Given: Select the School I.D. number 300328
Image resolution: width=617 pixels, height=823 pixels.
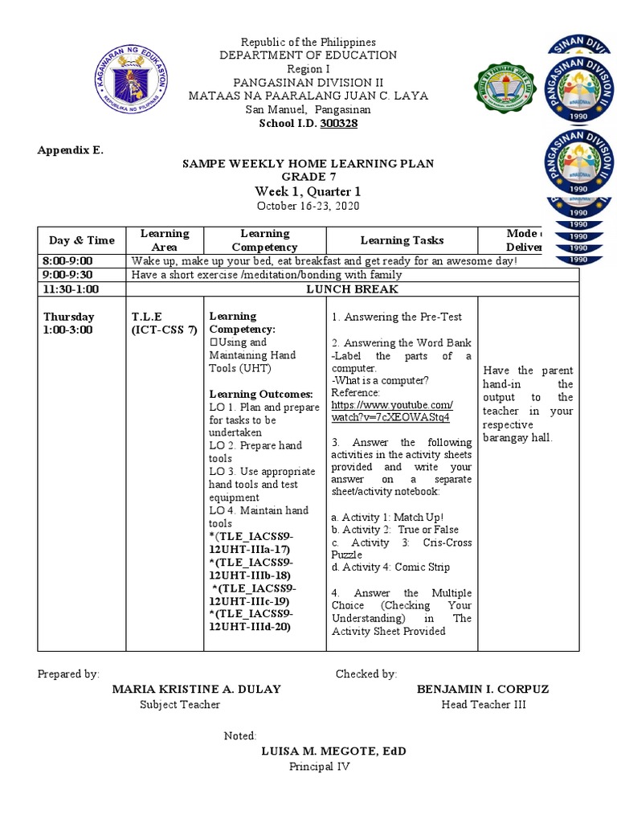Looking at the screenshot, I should pyautogui.click(x=338, y=123).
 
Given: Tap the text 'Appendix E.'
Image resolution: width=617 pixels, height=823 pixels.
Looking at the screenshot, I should pyautogui.click(x=71, y=150).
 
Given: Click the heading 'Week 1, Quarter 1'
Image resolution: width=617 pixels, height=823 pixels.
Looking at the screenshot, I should pyautogui.click(x=308, y=191).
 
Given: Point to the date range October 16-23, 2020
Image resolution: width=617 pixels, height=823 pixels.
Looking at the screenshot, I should pyautogui.click(x=308, y=207).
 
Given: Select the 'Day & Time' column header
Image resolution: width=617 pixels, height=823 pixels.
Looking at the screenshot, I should pyautogui.click(x=81, y=240).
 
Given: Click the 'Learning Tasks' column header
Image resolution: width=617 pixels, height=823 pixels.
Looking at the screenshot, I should pyautogui.click(x=402, y=240).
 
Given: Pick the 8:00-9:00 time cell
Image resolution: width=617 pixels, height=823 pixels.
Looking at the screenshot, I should pyautogui.click(x=68, y=261).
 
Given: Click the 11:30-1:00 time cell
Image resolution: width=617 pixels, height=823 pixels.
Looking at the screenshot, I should pyautogui.click(x=72, y=289).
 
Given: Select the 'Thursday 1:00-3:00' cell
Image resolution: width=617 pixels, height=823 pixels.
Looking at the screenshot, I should pyautogui.click(x=69, y=323).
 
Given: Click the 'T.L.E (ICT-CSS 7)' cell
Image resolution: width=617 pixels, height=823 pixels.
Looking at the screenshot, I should pyautogui.click(x=163, y=323).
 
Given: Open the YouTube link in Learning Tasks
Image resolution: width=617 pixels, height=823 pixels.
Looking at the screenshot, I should pyautogui.click(x=391, y=411).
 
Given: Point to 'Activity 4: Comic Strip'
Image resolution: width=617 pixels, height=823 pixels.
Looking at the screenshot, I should pyautogui.click(x=382, y=567).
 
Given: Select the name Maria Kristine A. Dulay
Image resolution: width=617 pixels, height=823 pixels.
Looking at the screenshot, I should pyautogui.click(x=196, y=690).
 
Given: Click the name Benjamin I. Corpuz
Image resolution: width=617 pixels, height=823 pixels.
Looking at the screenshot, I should pyautogui.click(x=483, y=690).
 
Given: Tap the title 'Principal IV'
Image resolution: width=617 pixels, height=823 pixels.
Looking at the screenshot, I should pyautogui.click(x=320, y=767).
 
